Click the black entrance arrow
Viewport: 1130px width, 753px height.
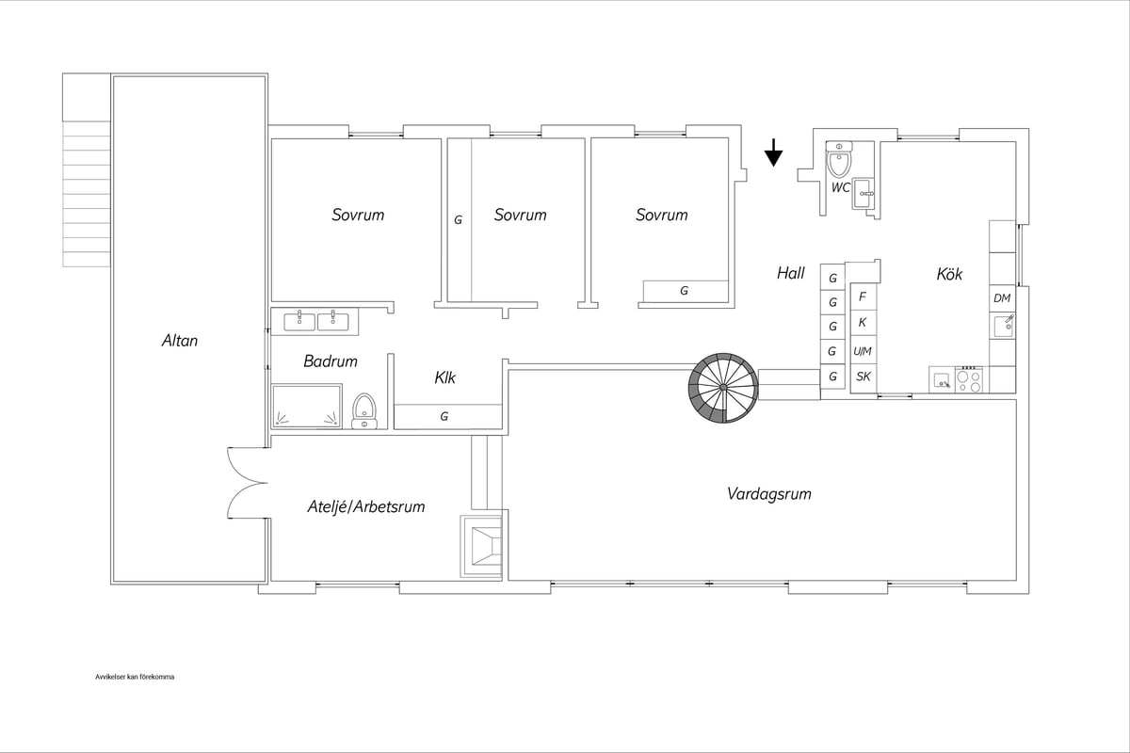773,152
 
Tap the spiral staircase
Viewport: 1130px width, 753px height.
723,388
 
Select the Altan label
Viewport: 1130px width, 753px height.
180,341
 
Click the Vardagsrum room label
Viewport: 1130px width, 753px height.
768,493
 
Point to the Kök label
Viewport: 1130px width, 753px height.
949,274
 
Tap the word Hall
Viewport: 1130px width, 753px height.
790,273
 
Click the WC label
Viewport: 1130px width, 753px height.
840,187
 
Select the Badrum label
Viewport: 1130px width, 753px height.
331,361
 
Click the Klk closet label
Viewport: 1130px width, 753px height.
444,377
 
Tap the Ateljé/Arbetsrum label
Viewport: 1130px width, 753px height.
366,506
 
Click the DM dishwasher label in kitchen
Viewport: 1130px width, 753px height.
1002,298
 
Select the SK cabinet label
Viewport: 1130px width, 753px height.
864,376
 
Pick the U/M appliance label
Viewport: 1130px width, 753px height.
863,351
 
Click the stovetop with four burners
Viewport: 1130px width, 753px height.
969,379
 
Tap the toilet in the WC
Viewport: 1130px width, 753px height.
839,158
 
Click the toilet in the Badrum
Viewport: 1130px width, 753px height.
364,411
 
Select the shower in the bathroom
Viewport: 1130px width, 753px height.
307,407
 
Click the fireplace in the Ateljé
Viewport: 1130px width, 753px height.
481,546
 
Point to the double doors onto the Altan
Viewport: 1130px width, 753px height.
247,483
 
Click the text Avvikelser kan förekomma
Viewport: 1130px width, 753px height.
135,677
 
